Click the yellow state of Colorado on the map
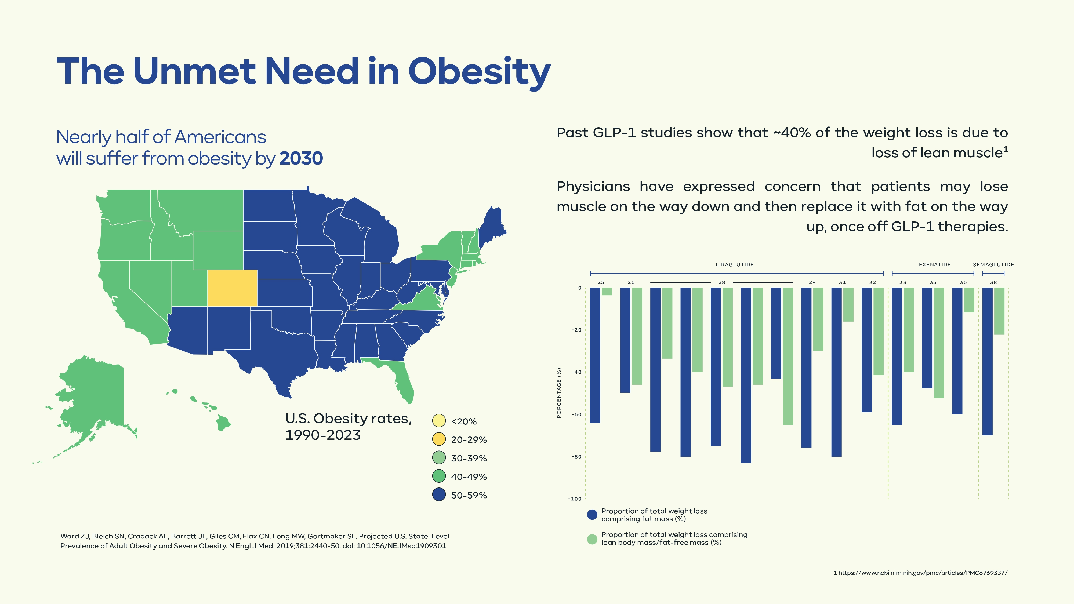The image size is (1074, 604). tap(232, 288)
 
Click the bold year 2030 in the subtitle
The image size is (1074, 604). tap(301, 158)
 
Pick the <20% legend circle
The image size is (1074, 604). tap(439, 421)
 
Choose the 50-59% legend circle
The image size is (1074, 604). tap(439, 495)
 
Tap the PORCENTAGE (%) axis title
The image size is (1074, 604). tap(559, 393)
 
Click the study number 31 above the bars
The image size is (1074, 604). tap(843, 282)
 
